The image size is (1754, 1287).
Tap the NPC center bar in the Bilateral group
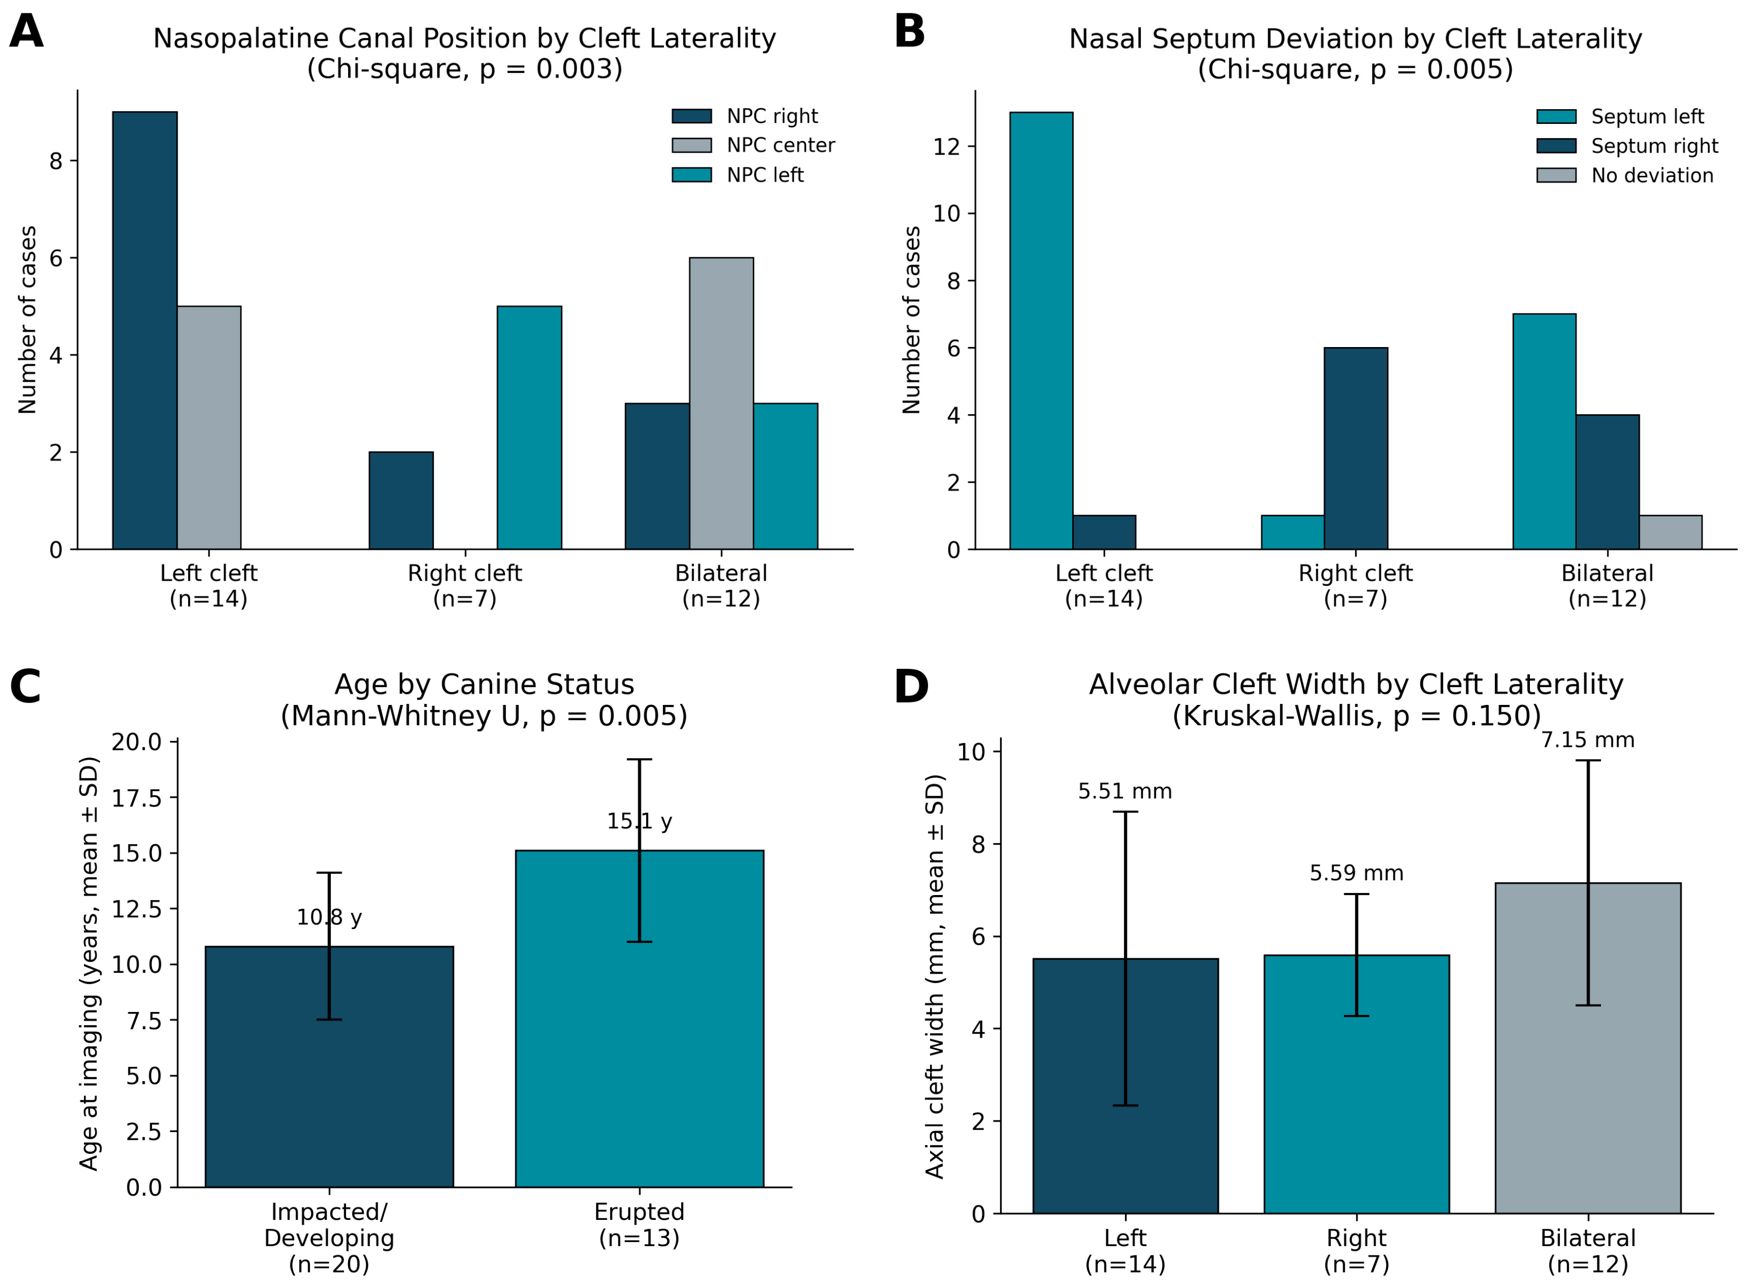pos(721,403)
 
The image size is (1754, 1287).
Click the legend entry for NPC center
pos(753,146)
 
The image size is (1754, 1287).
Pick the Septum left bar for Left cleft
pos(1041,331)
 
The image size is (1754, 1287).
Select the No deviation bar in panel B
pos(1671,533)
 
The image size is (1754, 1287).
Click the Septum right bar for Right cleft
pos(1356,449)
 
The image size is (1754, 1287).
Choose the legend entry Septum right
pos(1627,147)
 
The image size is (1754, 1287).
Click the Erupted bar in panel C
pos(639,1018)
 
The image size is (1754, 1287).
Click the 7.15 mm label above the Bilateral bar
pos(1588,740)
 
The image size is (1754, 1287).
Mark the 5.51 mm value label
pos(1126,791)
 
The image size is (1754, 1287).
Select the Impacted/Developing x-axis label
pos(329,1238)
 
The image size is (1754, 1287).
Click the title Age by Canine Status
pos(484,684)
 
